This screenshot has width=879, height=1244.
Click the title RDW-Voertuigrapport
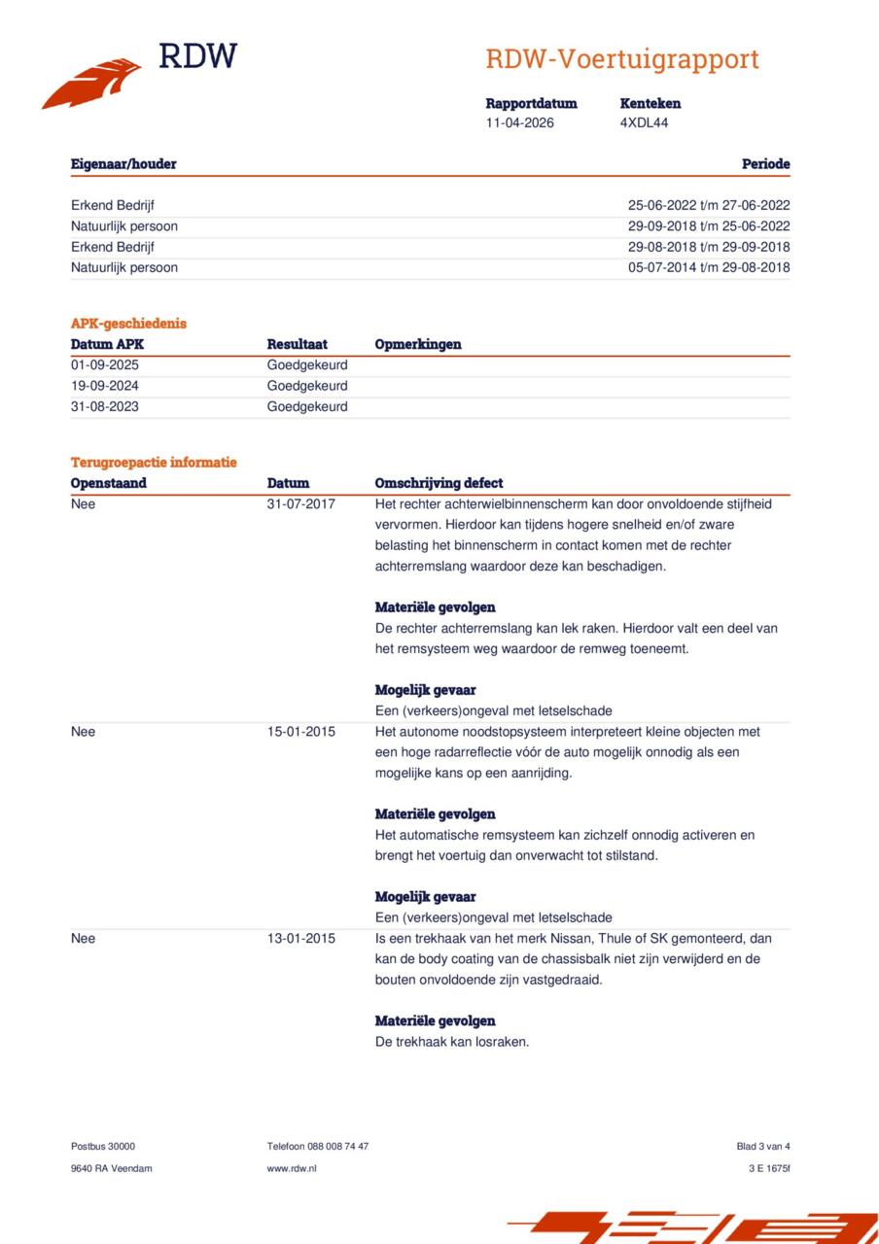(621, 59)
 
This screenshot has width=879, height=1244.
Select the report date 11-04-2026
(520, 122)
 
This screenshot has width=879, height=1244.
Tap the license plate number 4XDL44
(644, 122)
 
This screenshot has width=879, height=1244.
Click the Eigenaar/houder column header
(123, 164)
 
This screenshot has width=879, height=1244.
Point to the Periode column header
(765, 164)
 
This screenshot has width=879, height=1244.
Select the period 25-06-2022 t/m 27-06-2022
(708, 205)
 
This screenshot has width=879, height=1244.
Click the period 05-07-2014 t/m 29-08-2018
(708, 267)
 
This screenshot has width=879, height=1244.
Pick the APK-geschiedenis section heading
(128, 324)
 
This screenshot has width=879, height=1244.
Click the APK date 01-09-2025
(105, 365)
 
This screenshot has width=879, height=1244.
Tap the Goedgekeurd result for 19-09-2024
(307, 386)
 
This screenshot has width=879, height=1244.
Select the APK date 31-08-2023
(105, 406)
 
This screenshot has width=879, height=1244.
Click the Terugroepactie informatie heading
(154, 463)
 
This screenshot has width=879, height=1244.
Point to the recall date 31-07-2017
(301, 504)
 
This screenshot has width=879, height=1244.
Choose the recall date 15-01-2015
(301, 732)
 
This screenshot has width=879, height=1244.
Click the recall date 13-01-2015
(301, 939)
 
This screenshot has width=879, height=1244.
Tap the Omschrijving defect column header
(439, 483)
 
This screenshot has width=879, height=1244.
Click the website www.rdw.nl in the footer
(292, 1168)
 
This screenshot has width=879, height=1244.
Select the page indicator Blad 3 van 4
(763, 1146)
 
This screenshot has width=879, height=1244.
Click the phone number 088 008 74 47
(335, 1146)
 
